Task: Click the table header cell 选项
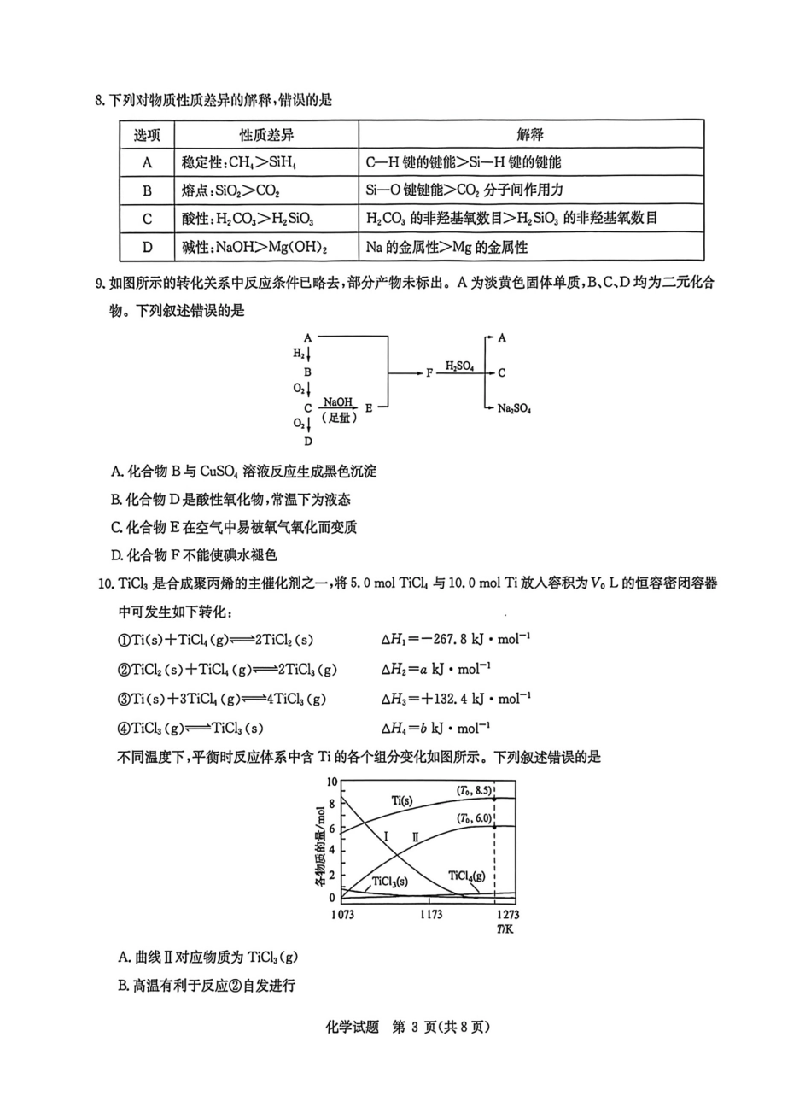(147, 135)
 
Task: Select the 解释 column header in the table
(530, 135)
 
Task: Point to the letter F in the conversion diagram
(430, 373)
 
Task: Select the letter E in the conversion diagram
(369, 408)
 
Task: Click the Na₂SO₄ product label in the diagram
(514, 409)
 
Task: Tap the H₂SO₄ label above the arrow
(460, 366)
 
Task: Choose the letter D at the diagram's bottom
(307, 442)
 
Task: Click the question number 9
(100, 284)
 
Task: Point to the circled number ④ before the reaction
(124, 729)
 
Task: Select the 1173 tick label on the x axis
(430, 915)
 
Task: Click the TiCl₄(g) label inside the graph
(466, 876)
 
